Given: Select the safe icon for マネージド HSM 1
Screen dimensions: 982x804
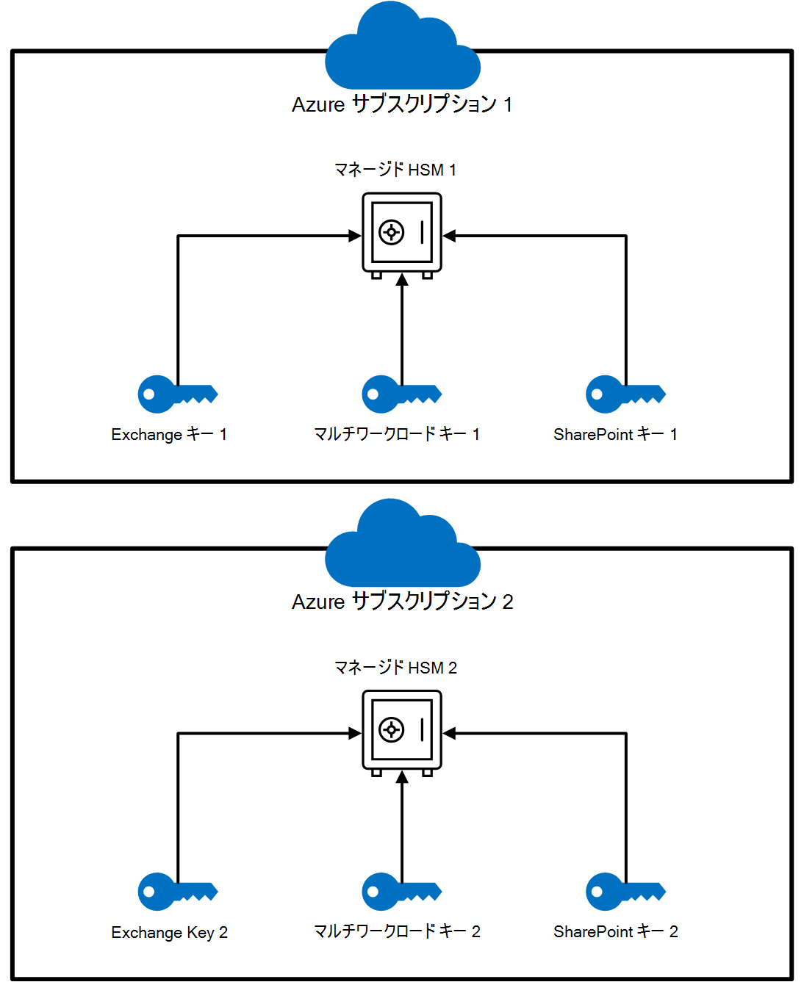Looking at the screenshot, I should point(402,234).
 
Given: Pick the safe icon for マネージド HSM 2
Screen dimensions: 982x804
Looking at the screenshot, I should point(402,731).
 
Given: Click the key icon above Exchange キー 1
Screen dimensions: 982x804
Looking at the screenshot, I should point(176,394).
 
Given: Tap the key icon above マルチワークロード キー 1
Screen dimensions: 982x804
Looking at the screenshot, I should point(401,394).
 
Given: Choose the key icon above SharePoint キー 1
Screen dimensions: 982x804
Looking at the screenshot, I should point(625,394).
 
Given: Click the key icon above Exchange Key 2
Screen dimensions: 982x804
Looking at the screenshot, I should point(176,892).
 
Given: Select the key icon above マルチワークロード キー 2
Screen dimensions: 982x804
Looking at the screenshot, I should point(401,892).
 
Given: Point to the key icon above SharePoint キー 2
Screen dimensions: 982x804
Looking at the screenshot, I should point(625,892).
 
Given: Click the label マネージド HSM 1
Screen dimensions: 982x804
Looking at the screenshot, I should point(395,170).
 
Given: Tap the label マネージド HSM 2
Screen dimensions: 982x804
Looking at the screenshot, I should point(395,668).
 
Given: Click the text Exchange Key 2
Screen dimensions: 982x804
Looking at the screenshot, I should point(169,932).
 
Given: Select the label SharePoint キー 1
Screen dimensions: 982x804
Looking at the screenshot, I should point(615,434).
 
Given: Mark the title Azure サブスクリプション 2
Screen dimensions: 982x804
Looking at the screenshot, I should point(402,602).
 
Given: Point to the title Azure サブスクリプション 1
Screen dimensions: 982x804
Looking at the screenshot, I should point(402,104).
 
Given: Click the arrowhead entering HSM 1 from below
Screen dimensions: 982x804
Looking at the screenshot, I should point(402,280).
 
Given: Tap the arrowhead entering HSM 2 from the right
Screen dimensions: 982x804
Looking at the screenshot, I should point(450,733).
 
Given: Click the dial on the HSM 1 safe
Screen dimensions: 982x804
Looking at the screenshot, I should point(391,233).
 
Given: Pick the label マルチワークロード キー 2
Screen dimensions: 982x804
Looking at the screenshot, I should point(397,931).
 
